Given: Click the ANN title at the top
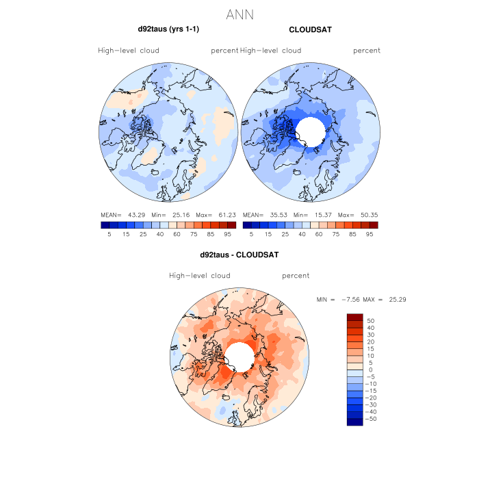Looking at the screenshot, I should point(239,14).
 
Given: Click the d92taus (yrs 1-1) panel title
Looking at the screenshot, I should point(168,29).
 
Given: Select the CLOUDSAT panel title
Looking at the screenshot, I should point(311,29).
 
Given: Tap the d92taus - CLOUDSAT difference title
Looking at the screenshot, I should point(239,255).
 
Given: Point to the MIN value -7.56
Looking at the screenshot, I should point(350,300).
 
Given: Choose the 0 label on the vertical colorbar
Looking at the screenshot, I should point(370,370).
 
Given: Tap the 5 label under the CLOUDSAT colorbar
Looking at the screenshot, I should point(251,234).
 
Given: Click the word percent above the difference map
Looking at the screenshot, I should point(296,276).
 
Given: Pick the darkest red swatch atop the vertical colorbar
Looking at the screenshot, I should point(355,317).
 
